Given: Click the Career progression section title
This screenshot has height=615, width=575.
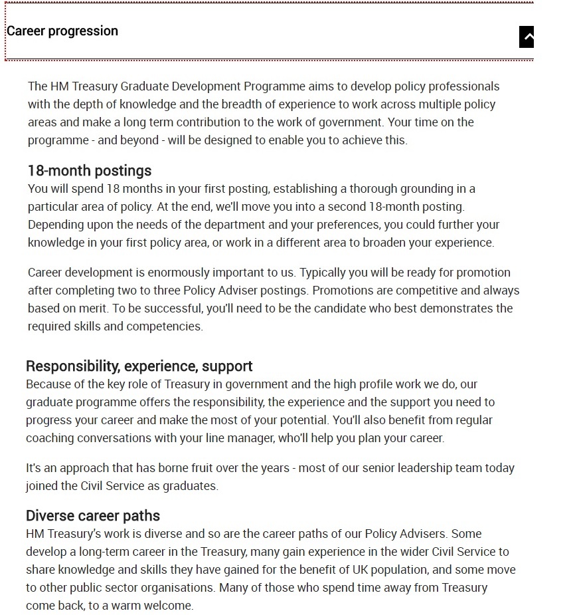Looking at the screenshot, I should pyautogui.click(x=62, y=31).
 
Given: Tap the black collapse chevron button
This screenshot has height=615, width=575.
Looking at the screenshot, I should pyautogui.click(x=527, y=37).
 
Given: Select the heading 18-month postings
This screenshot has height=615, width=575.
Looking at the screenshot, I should pyautogui.click(x=90, y=171).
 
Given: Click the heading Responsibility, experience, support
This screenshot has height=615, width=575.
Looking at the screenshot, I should pyautogui.click(x=139, y=366).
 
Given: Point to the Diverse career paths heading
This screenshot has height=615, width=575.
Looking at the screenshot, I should pyautogui.click(x=93, y=516).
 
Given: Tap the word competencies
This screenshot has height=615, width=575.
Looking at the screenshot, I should pyautogui.click(x=169, y=326).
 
